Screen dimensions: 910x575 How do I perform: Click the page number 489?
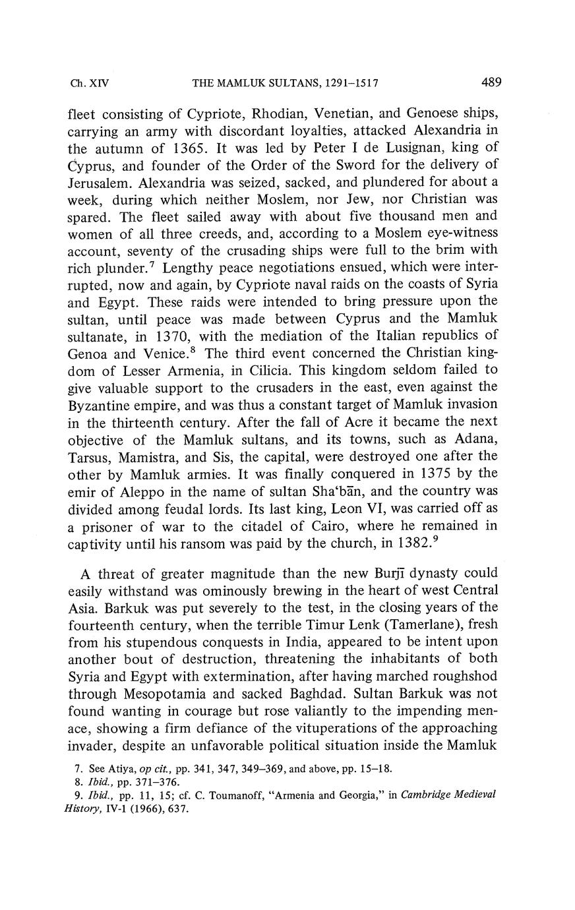491,82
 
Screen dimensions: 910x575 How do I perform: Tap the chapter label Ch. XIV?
89,84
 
